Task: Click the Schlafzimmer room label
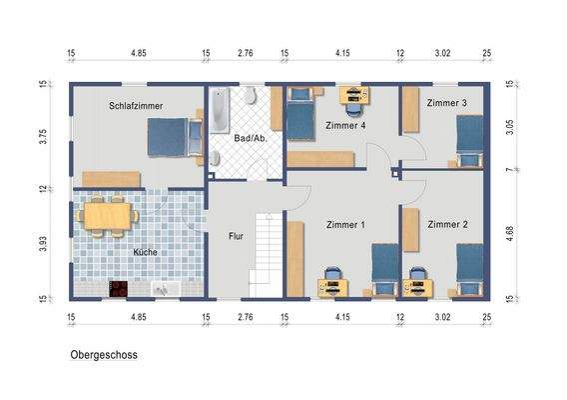pos(137,105)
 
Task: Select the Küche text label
pos(146,253)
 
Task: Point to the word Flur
pos(236,237)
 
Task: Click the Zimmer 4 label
pos(345,125)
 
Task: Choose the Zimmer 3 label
pos(446,103)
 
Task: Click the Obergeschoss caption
pos(104,354)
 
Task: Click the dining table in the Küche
pos(106,215)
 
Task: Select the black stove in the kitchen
pos(118,288)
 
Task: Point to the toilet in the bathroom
pos(251,97)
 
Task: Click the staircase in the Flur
pos(266,254)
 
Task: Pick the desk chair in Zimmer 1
pos(331,276)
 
